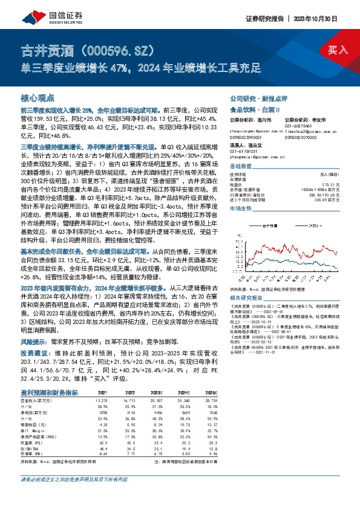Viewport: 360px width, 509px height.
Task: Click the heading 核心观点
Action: click(x=38, y=97)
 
